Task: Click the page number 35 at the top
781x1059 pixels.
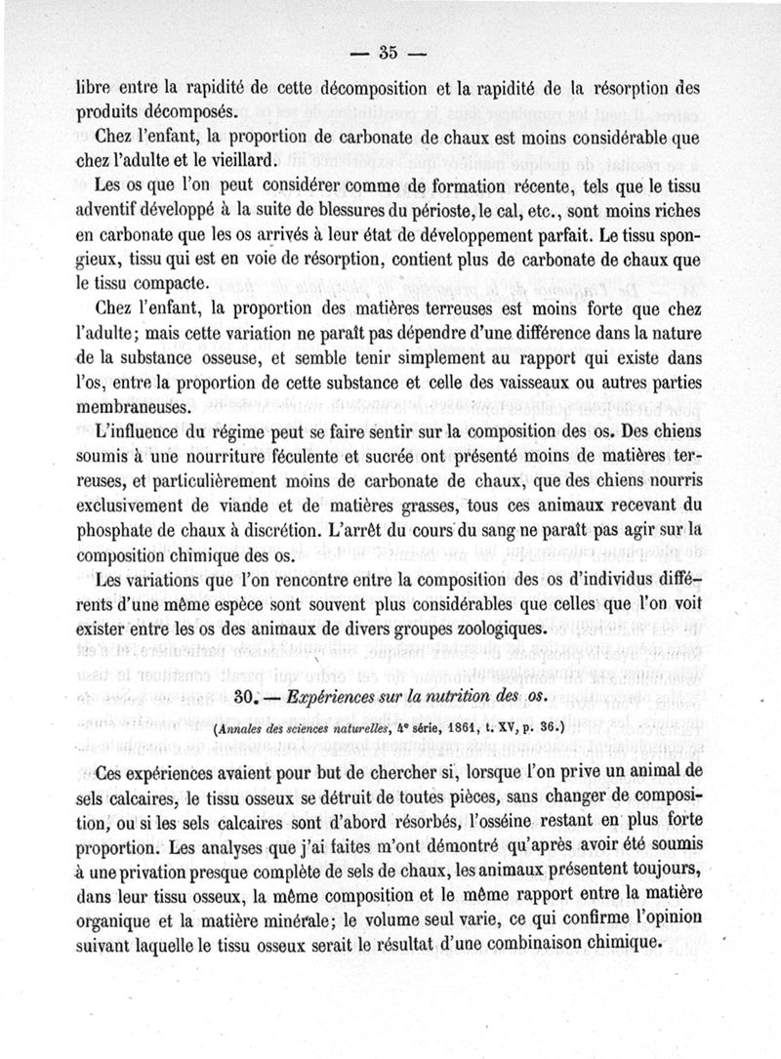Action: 388,51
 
